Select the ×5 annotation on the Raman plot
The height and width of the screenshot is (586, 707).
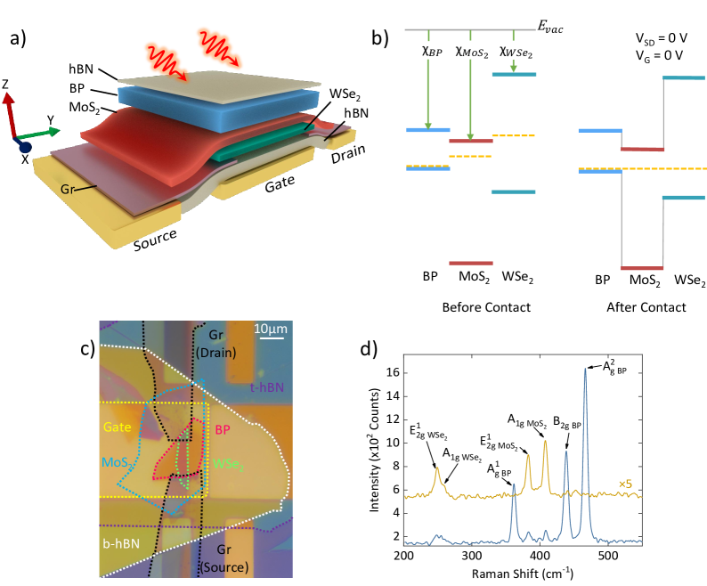point(629,484)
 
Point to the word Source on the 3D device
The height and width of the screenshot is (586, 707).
point(154,240)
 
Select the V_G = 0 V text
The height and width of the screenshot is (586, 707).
point(657,54)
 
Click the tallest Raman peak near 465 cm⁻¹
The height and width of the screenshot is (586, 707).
point(585,370)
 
